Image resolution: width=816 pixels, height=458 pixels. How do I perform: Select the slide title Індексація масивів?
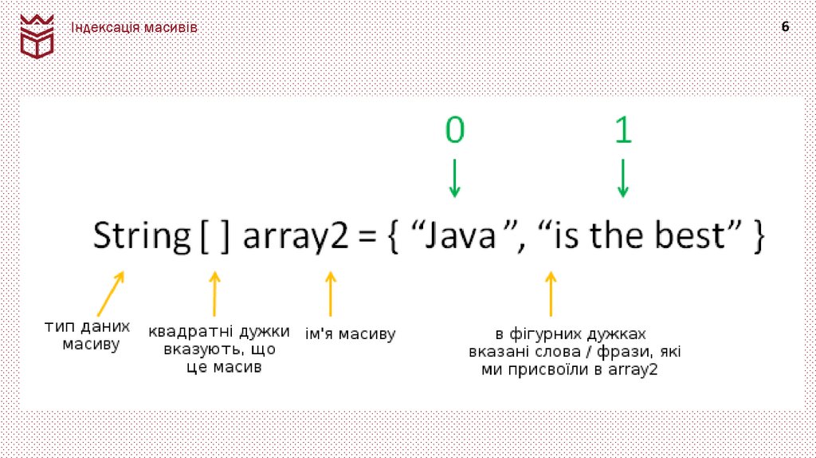[135, 28]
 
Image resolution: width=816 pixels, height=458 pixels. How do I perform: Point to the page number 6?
[785, 27]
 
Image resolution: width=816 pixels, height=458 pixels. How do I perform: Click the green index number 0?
[454, 131]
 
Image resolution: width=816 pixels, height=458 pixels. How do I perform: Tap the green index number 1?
[623, 131]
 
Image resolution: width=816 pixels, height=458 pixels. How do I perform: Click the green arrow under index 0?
[454, 178]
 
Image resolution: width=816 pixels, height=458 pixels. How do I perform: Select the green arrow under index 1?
[623, 178]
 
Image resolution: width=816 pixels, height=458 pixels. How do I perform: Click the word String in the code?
[139, 237]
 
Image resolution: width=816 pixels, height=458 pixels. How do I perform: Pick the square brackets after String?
[215, 237]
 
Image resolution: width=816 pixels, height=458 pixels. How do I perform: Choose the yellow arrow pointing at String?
[111, 293]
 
